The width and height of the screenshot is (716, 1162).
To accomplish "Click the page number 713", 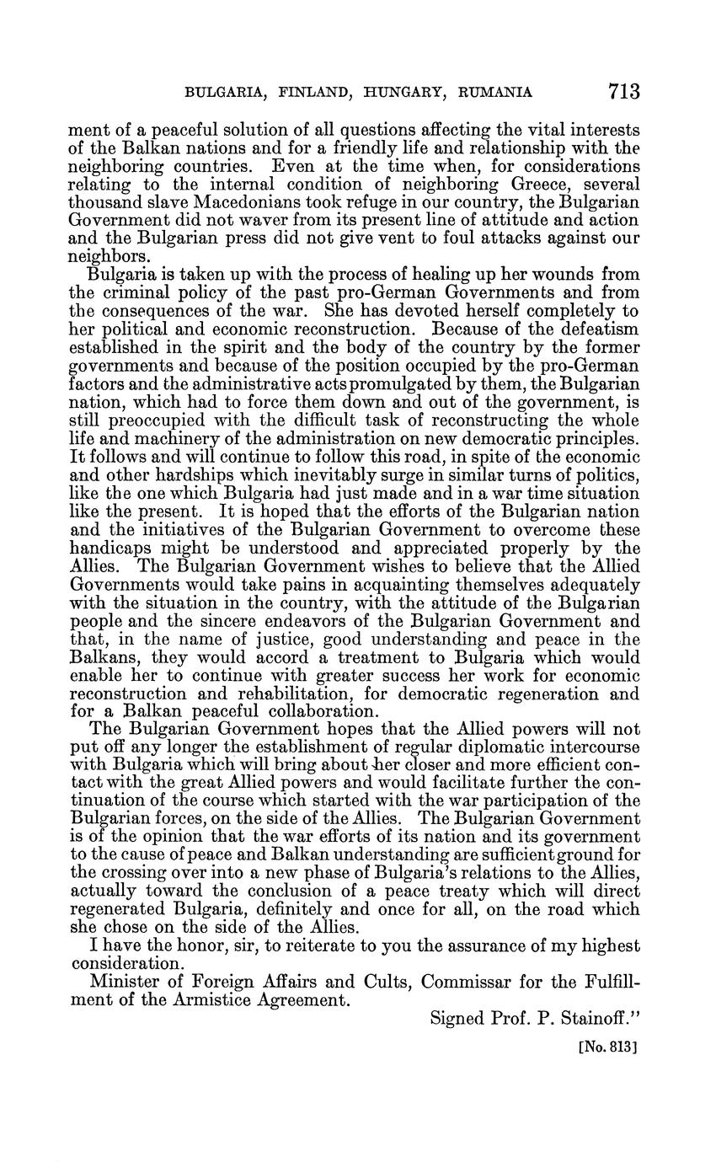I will [x=620, y=91].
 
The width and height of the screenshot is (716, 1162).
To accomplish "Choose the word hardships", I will [x=178, y=475].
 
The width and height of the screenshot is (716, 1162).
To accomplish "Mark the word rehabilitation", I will [x=270, y=694].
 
